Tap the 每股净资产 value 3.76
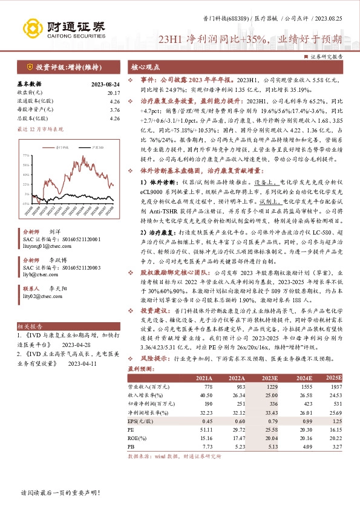point(114,109)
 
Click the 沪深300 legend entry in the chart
point(87,146)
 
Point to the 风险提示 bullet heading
point(154,358)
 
